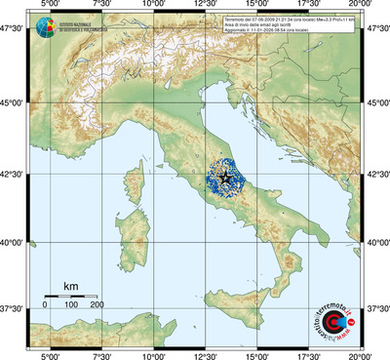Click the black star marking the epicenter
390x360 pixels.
(x=227, y=177)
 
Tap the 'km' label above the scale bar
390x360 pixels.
(x=70, y=286)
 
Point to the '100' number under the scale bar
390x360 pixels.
(x=71, y=304)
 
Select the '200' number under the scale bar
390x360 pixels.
(x=97, y=304)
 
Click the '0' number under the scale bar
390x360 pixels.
(x=45, y=304)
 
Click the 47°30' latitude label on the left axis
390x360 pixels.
(x=13, y=29)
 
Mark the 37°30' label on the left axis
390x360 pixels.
(x=13, y=308)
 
